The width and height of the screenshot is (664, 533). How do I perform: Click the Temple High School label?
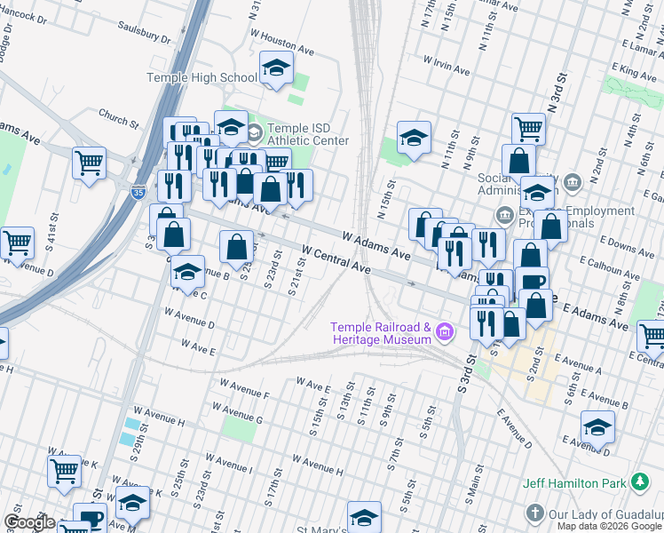202,78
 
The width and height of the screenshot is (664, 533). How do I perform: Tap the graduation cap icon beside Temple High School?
276,68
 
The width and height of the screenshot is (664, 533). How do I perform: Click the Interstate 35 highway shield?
138,190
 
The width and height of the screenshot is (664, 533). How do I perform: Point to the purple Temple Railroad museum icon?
445,334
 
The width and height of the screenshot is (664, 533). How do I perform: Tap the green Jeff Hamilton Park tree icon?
638,482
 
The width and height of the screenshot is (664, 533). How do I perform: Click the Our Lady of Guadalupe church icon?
534,513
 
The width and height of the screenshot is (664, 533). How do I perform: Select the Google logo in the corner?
29,522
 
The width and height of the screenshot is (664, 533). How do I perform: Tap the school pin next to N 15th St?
414,138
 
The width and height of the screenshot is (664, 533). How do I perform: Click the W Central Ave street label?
336,260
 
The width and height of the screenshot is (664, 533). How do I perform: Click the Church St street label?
120,116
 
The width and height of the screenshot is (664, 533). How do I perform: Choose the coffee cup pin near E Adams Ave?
533,282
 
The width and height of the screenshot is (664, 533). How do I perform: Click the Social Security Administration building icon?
573,183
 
